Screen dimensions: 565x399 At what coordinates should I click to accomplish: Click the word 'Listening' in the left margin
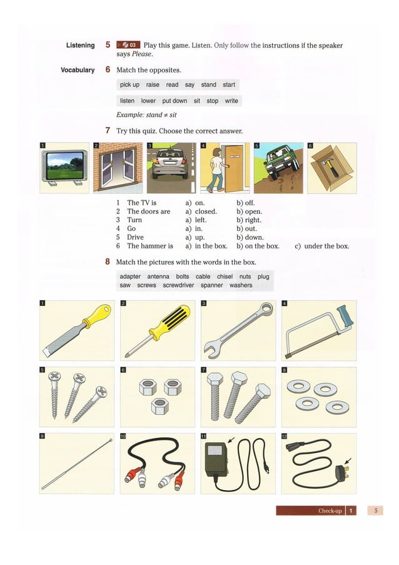pos(80,45)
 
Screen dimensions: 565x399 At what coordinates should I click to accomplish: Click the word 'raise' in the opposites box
pos(153,85)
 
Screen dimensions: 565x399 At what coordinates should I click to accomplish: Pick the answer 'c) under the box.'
pos(321,247)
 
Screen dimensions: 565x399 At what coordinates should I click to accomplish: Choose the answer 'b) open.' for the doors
pos(249,211)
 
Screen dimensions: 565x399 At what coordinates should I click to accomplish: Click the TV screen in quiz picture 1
pos(63,165)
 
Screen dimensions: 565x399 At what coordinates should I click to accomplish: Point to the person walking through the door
pos(216,169)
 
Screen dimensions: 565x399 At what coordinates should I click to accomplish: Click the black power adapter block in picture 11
pos(216,461)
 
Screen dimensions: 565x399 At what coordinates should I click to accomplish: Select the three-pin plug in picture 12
pos(343,471)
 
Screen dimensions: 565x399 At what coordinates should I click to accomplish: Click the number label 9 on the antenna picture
pos(43,436)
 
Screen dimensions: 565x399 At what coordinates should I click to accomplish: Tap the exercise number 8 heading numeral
pos(108,262)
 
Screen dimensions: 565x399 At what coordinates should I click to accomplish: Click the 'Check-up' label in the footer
pos(330,511)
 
